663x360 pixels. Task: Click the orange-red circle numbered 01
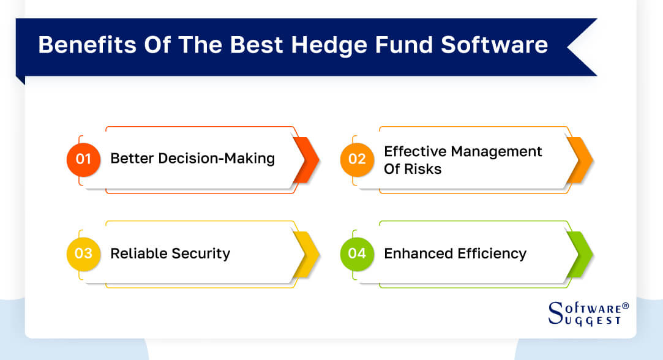(83, 159)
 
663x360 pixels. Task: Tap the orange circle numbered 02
(357, 159)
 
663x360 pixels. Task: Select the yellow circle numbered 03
(83, 253)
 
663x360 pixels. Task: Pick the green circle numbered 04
(357, 253)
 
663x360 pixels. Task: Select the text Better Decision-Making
(192, 159)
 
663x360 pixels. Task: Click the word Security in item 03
(200, 253)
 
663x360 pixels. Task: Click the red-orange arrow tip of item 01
(308, 159)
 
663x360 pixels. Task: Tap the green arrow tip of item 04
(582, 253)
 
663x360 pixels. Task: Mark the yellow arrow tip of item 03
(308, 253)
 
